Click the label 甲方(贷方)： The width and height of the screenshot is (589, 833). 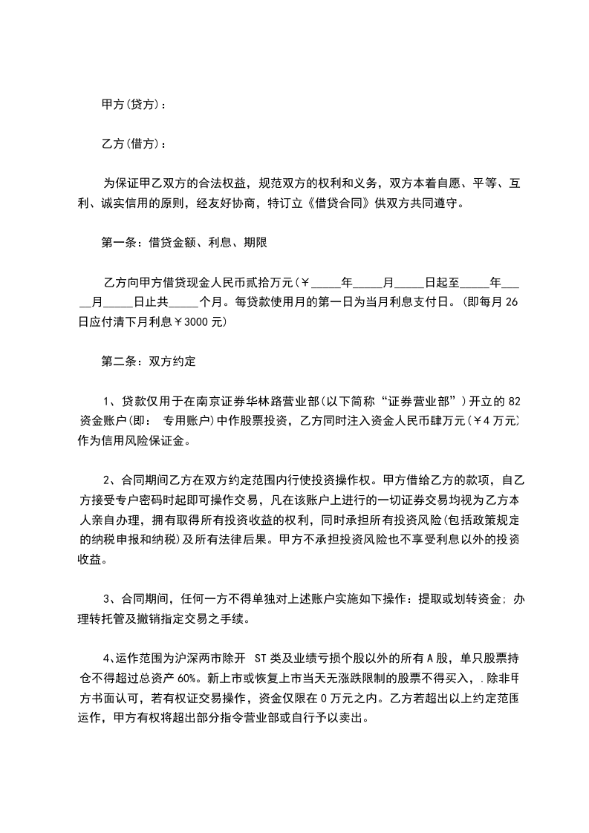coord(134,105)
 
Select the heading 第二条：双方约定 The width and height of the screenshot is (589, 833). coord(148,362)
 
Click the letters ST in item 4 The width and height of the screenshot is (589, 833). coord(261,658)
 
